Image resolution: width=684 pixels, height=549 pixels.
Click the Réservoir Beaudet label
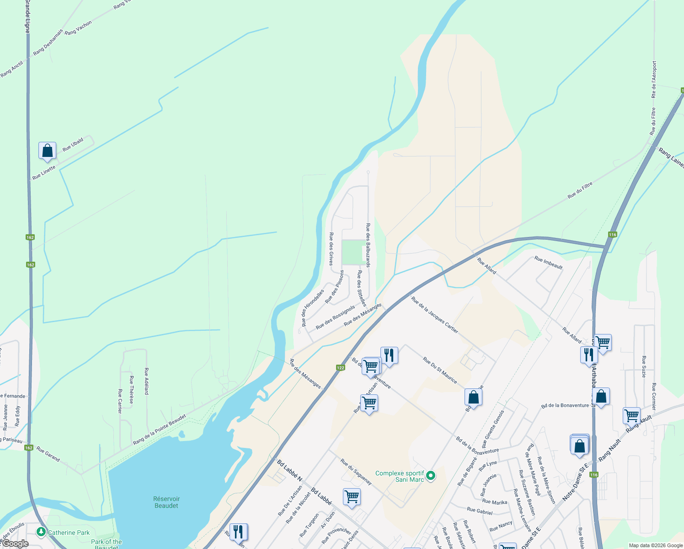click(166, 502)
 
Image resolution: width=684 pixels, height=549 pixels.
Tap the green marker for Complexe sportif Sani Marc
click(430, 476)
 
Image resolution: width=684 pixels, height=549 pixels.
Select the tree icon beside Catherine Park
click(41, 532)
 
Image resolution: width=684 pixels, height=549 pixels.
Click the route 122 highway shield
click(340, 367)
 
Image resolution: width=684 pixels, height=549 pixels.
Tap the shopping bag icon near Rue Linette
click(48, 151)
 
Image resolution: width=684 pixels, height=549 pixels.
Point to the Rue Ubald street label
click(73, 145)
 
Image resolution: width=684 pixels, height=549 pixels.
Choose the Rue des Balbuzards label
click(368, 245)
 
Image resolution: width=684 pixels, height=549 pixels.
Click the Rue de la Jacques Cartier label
click(434, 315)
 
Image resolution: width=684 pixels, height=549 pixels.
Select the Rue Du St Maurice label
click(439, 370)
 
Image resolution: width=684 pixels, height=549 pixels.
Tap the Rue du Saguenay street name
click(356, 472)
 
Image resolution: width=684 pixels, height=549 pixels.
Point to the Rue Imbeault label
click(548, 263)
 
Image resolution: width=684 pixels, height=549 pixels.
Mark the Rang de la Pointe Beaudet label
click(159, 430)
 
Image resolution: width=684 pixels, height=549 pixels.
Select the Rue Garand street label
click(48, 454)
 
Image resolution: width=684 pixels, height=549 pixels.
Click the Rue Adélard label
click(146, 381)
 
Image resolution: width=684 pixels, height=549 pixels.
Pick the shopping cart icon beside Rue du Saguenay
click(352, 496)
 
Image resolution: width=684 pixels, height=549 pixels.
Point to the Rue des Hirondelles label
click(312, 307)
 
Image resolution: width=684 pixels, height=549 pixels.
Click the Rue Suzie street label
click(644, 366)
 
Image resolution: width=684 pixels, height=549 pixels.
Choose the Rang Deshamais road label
click(48, 42)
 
